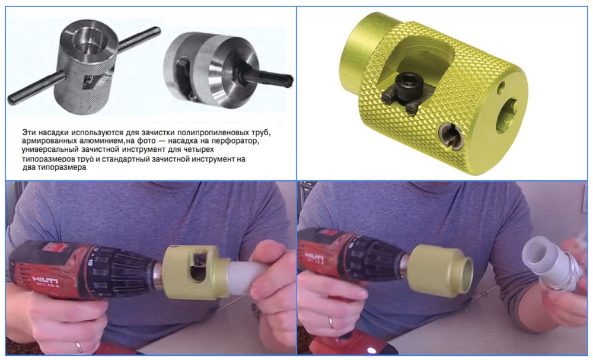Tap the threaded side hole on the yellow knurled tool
451,138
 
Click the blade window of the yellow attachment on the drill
198,267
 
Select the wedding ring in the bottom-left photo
79,347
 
